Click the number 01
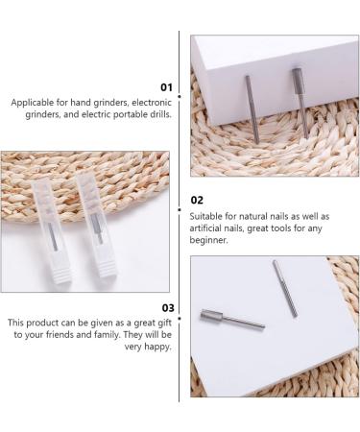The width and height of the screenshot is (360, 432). [x=166, y=87]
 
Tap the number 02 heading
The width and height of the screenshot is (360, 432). [x=197, y=201]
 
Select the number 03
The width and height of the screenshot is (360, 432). [x=168, y=308]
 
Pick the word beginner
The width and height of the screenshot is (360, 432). [x=208, y=240]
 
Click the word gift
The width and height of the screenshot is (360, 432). [x=165, y=323]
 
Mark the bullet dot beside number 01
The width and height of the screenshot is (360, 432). [x=180, y=96]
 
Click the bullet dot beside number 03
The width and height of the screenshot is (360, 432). [x=180, y=319]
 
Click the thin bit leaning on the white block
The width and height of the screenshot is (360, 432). [x=252, y=108]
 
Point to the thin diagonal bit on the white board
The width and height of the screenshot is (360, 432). [x=285, y=289]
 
